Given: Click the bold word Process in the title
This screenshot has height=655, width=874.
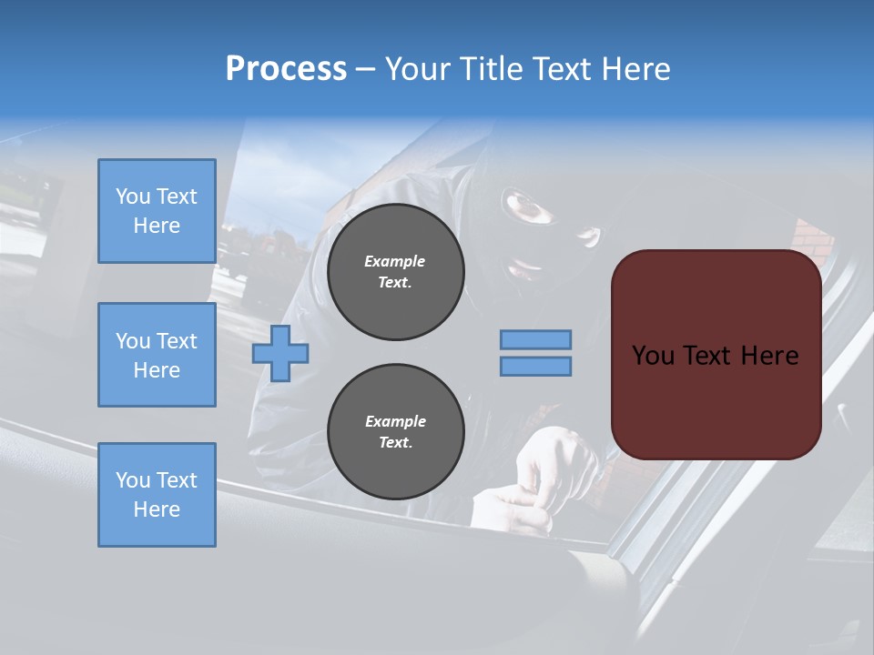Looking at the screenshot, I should tap(286, 69).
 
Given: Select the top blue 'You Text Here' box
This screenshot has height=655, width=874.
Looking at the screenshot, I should tap(157, 211).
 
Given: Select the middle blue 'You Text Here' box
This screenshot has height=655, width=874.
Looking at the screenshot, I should tap(157, 355).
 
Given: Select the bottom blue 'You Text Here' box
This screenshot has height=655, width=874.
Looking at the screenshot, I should tap(157, 495).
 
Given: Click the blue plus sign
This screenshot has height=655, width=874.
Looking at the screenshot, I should tap(280, 353).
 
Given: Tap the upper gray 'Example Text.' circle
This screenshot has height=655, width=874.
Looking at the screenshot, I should tap(395, 272).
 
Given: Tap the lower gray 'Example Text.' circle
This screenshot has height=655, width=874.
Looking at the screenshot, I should tap(395, 432).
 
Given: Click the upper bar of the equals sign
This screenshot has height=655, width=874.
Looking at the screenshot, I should tap(536, 339).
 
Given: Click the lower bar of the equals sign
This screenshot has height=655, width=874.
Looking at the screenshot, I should tap(536, 367).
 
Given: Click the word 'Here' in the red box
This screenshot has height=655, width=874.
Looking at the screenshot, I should tap(769, 356).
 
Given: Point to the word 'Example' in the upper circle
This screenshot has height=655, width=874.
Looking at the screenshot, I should tap(395, 261).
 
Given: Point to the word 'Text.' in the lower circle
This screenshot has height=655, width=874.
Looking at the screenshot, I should tap(395, 443).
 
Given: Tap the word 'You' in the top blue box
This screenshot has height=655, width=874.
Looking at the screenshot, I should tap(131, 196).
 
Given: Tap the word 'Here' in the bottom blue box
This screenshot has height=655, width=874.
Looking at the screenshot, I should tap(157, 509).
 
